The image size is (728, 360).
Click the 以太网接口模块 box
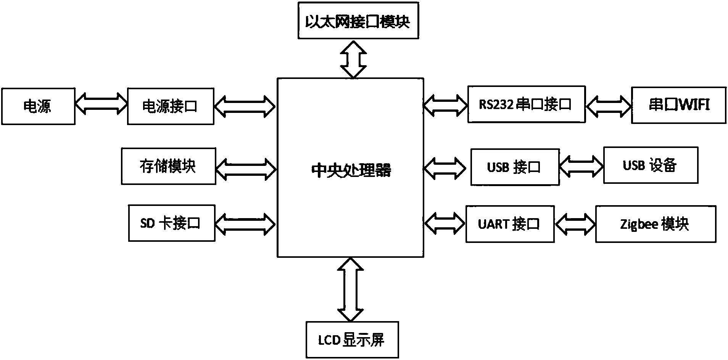click(x=357, y=21)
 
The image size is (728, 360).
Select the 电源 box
click(x=38, y=106)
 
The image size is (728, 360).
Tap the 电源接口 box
click(x=170, y=106)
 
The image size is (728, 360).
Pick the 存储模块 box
click(x=168, y=166)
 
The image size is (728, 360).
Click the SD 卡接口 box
click(x=171, y=223)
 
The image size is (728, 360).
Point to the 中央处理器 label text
click(x=351, y=170)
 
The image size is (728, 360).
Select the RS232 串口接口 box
click(x=526, y=104)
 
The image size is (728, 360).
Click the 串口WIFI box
click(x=678, y=105)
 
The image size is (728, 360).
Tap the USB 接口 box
click(x=515, y=167)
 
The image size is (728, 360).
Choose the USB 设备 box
click(x=650, y=165)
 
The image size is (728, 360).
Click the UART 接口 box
click(x=509, y=224)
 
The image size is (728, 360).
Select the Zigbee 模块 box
click(x=655, y=224)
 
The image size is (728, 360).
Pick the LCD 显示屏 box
click(x=352, y=339)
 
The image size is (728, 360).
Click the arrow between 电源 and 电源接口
click(x=101, y=103)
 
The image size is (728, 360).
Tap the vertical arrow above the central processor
click(x=353, y=59)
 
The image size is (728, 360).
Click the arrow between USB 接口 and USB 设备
click(x=581, y=166)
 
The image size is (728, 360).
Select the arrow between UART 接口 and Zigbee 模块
click(x=575, y=224)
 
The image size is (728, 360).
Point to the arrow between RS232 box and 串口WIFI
click(x=608, y=105)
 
